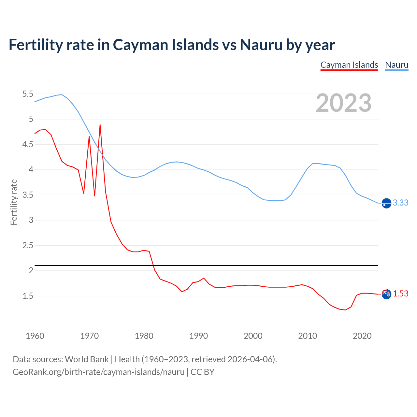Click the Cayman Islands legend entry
[349, 65]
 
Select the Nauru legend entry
[396, 65]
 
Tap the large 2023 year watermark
[344, 103]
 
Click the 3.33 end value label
[400, 203]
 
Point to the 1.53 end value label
[400, 294]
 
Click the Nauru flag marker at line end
[386, 203]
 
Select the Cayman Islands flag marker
[386, 294]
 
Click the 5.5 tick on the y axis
[28, 94]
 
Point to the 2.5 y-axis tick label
[28, 246]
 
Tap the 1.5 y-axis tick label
[28, 296]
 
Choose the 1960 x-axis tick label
[35, 336]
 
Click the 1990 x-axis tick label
[198, 336]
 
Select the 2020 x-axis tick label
[362, 336]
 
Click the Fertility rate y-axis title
[14, 202]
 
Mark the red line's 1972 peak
[100, 125]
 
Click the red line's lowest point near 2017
[345, 310]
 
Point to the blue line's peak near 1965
[62, 94]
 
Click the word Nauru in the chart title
[261, 45]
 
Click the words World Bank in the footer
[87, 359]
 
